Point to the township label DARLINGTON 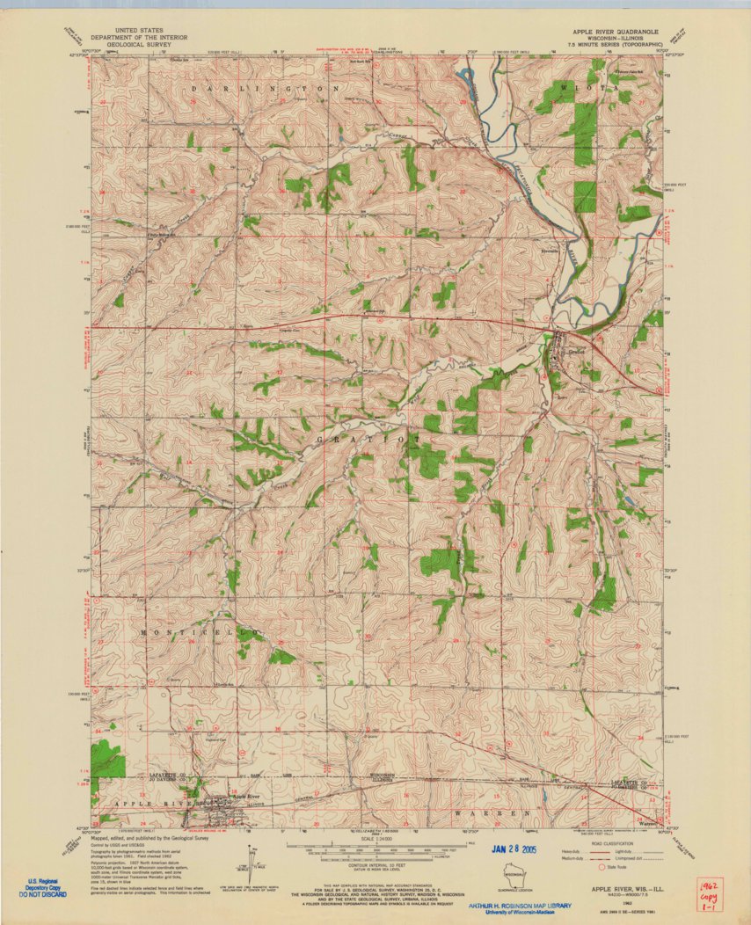tap(252, 90)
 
